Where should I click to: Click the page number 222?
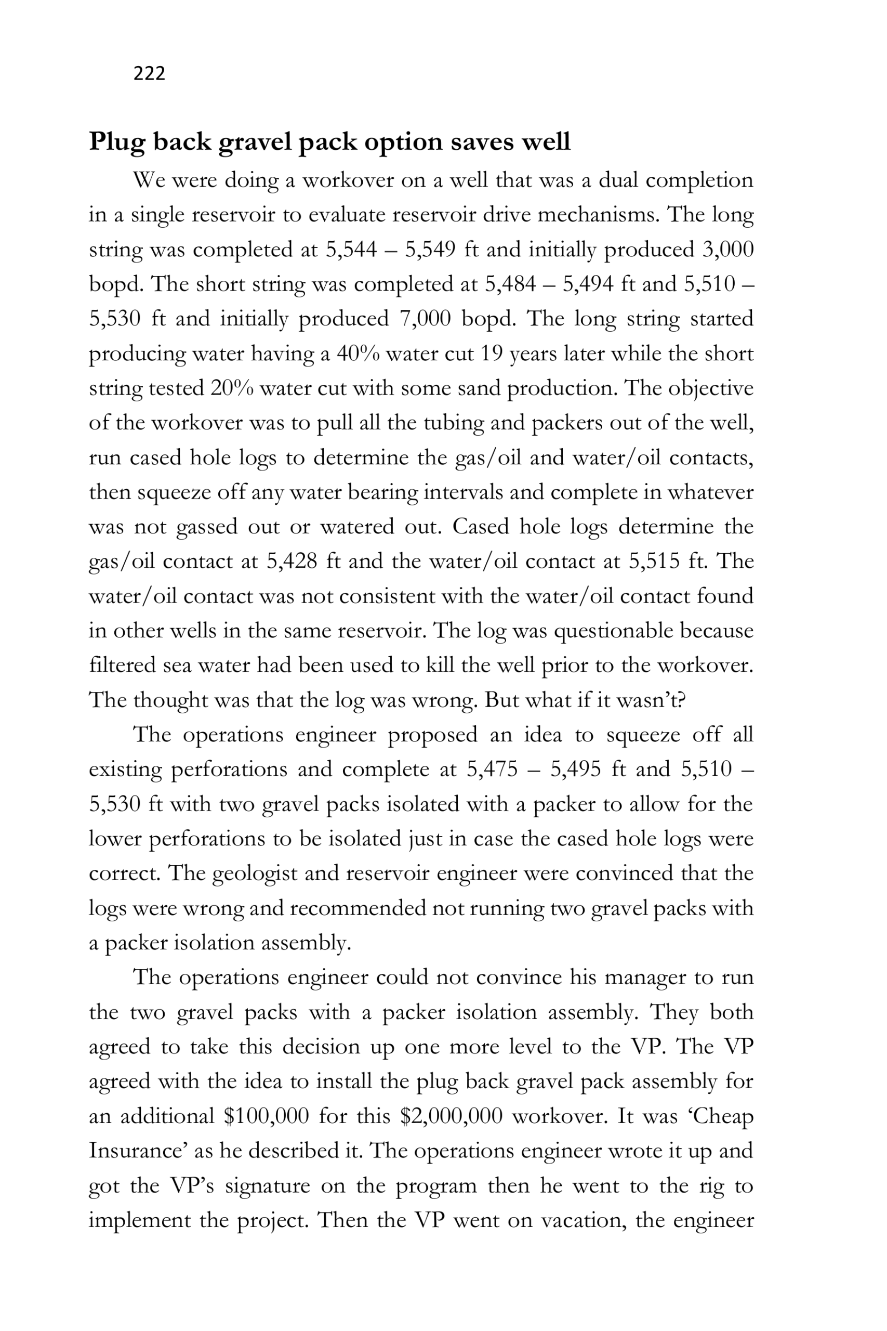149,73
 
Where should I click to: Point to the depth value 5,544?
351,250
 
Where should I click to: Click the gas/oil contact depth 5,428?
292,562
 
